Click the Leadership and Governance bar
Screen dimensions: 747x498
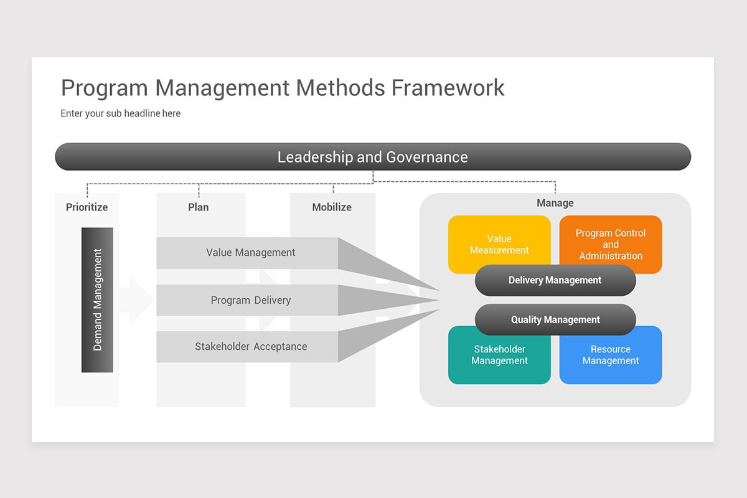pyautogui.click(x=372, y=157)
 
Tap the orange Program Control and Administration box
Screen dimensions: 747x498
pyautogui.click(x=610, y=240)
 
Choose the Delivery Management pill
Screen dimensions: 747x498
pyautogui.click(x=555, y=281)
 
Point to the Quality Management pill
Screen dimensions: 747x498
pyautogui.click(x=555, y=320)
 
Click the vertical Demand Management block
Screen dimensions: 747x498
pyautogui.click(x=97, y=300)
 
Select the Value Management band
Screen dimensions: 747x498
pyautogui.click(x=250, y=253)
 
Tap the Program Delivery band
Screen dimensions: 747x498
pyautogui.click(x=250, y=300)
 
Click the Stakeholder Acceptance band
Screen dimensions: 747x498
pyautogui.click(x=250, y=347)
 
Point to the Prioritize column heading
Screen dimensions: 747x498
pyautogui.click(x=87, y=207)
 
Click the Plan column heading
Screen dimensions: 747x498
pyautogui.click(x=198, y=207)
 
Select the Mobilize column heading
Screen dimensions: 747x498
pyautogui.click(x=332, y=207)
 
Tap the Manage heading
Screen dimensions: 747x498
pyautogui.click(x=555, y=203)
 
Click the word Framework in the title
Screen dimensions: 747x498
pyautogui.click(x=448, y=88)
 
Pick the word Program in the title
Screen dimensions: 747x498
pyautogui.click(x=105, y=88)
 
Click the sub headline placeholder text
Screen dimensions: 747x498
pyautogui.click(x=120, y=114)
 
